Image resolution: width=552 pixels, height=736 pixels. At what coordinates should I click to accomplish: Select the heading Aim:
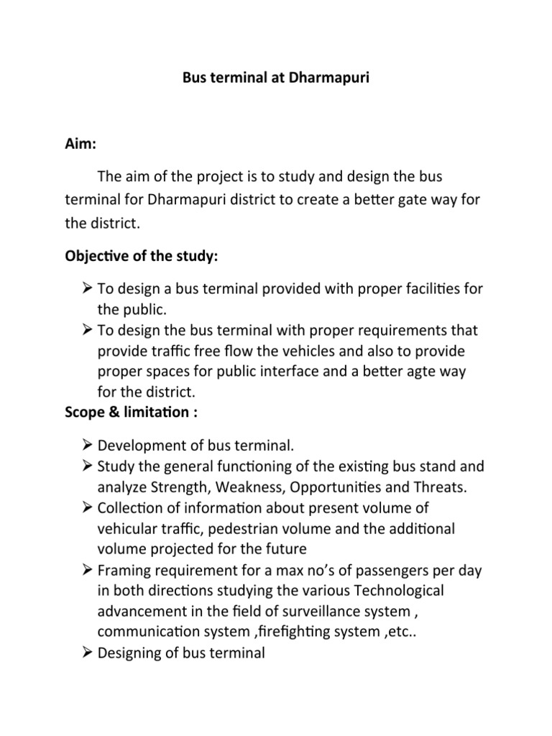80,145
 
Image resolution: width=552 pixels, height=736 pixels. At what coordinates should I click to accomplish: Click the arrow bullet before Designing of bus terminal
86,652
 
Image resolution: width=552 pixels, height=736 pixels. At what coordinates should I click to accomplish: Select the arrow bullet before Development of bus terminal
86,446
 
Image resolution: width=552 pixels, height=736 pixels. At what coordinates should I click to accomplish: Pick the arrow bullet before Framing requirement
86,569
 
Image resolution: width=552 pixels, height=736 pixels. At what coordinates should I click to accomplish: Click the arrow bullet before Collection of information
86,507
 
